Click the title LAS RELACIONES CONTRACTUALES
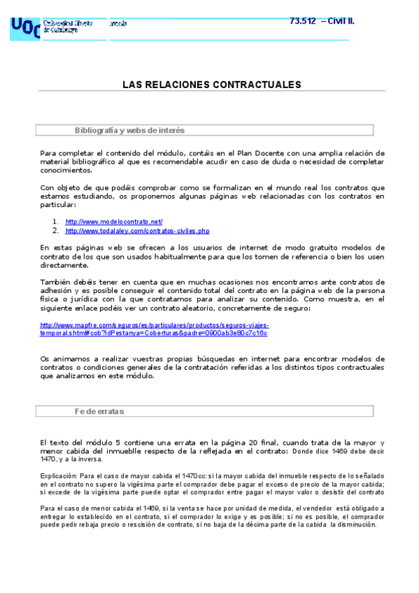click(212, 85)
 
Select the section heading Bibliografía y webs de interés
click(129, 131)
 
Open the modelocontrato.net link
click(114, 222)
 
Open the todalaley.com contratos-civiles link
click(137, 231)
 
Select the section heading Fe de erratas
click(99, 412)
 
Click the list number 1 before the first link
click(55, 222)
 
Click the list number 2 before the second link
click(55, 231)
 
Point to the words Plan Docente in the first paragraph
click(243, 153)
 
